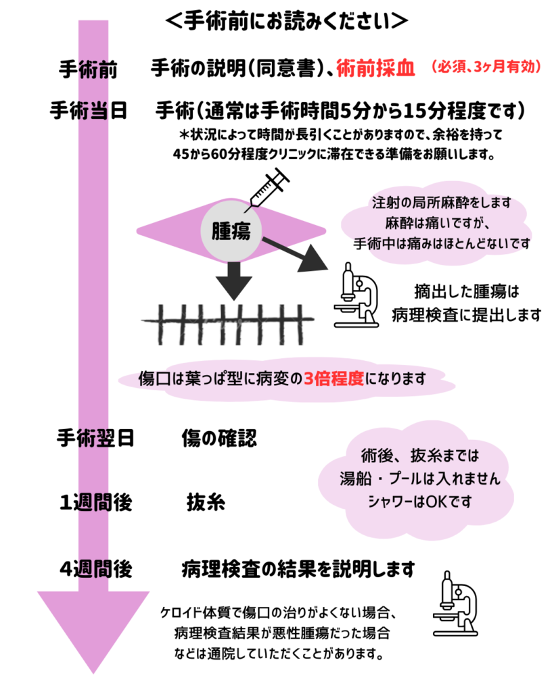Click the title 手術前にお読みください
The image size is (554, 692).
pos(286,21)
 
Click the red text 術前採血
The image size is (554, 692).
pos(375,68)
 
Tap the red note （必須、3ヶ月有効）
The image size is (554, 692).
pos(486,67)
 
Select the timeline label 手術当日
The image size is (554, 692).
pos(89,110)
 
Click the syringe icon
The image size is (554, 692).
pos(268,189)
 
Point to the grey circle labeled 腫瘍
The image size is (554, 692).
pos(231,230)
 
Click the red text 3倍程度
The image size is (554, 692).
pos(334,378)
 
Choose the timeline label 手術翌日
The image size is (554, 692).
pos(95,438)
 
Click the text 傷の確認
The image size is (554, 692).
pos(219,438)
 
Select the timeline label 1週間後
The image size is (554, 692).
pos(96,502)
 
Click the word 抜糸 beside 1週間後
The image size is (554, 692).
pos(206,502)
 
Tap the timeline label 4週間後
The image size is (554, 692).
pos(96,569)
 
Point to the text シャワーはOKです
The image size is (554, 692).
pos(420,501)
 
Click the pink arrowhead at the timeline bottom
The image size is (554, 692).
pos(93,631)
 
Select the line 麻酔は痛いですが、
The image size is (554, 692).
pos(438,223)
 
